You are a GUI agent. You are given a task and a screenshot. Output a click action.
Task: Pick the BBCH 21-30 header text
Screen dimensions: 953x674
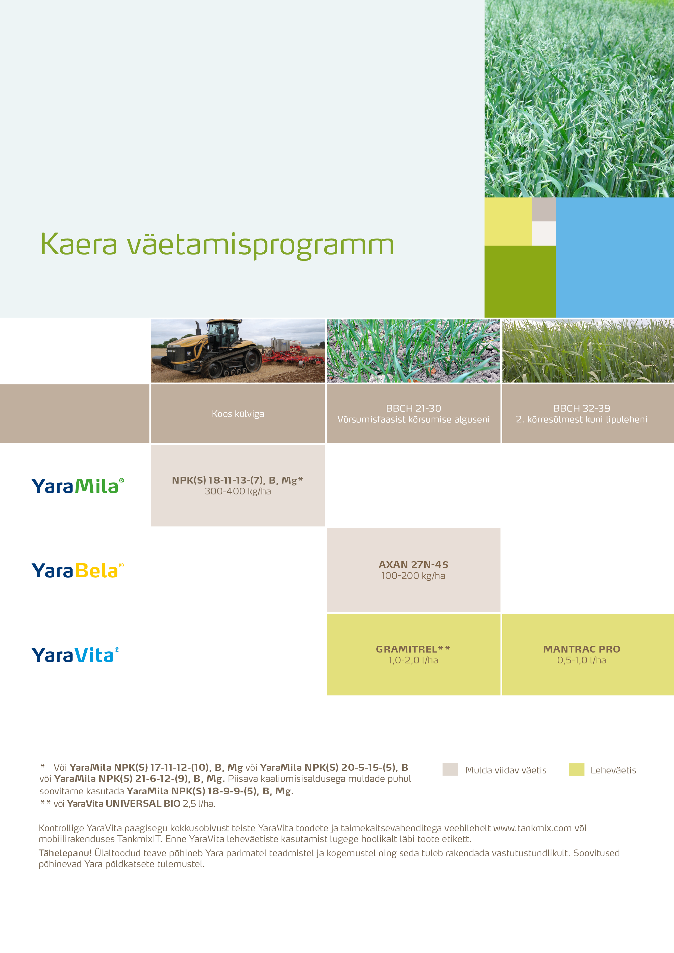tap(413, 408)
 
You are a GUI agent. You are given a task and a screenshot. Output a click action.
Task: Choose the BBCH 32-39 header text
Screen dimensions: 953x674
tap(581, 408)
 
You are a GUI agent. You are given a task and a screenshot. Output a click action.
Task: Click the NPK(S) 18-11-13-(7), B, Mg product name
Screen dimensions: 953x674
tap(237, 480)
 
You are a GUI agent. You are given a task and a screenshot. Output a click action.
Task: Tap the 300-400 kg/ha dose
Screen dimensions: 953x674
tap(238, 491)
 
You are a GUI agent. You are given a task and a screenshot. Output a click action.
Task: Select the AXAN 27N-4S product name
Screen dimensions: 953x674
tap(413, 565)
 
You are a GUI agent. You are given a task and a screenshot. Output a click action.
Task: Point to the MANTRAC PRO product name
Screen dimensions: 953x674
tap(581, 649)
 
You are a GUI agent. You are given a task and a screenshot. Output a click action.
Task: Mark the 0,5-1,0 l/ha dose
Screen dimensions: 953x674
tap(581, 660)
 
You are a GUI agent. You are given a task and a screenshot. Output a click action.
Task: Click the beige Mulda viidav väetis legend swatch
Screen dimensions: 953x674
tap(450, 770)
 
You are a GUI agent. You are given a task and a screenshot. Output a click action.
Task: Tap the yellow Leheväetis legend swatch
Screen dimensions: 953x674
tap(576, 770)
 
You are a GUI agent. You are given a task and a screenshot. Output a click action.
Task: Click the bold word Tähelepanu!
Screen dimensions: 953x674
tap(65, 853)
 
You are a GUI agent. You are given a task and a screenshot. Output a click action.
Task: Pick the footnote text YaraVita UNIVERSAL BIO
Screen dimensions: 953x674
tap(123, 804)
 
